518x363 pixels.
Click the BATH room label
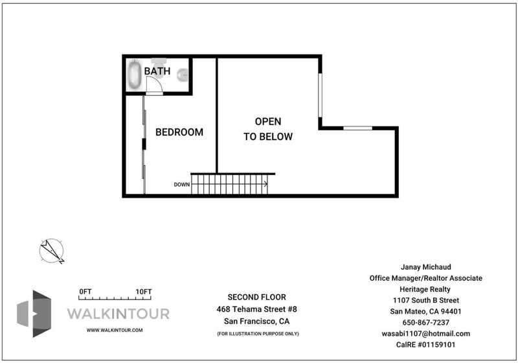click(157, 71)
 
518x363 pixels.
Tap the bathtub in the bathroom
click(135, 75)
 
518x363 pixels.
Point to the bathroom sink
click(183, 75)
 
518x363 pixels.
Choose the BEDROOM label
click(179, 132)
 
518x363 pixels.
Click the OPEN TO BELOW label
click(268, 129)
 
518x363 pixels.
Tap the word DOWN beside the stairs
click(182, 185)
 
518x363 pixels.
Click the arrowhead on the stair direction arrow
click(265, 184)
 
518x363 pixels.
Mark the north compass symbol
click(52, 251)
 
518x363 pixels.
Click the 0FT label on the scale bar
click(85, 292)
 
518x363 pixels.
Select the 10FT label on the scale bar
click(144, 292)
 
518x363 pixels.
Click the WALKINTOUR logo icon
click(34, 313)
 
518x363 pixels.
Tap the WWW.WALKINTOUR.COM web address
click(115, 330)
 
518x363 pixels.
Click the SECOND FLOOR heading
click(256, 297)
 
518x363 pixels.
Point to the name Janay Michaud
click(425, 267)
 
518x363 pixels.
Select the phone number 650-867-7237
click(425, 322)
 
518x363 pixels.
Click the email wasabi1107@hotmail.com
click(425, 334)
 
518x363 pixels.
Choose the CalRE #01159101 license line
click(425, 344)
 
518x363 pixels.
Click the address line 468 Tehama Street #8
click(256, 309)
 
